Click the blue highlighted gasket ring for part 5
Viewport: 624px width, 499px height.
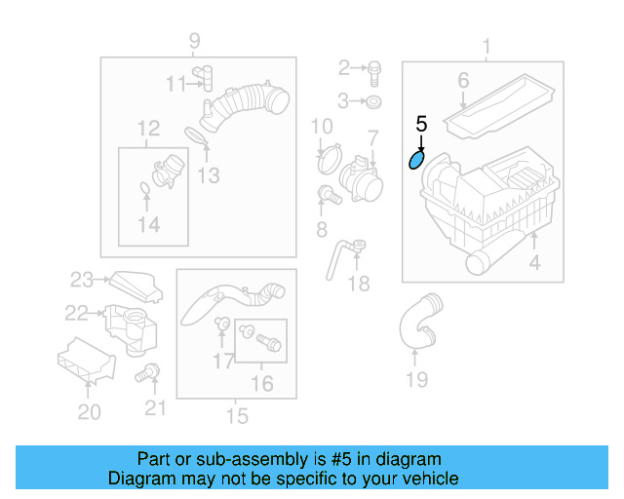coord(416,158)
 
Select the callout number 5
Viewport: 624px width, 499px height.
coord(421,124)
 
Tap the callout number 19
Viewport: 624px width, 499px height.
coord(416,379)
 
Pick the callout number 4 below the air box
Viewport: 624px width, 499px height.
coord(533,262)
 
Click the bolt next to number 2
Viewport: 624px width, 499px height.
coord(374,67)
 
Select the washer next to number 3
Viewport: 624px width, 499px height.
coord(374,100)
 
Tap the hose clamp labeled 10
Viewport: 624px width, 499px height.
coord(329,152)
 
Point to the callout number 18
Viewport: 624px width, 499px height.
coord(359,283)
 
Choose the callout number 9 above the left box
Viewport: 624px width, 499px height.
coord(194,40)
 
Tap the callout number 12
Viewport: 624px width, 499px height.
coord(148,129)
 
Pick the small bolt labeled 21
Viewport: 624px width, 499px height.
coord(149,370)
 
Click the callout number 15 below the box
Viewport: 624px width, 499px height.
coord(236,416)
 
